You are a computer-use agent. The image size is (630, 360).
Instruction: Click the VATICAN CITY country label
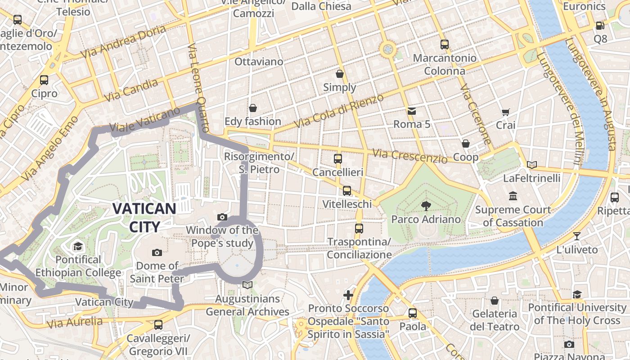[144, 217]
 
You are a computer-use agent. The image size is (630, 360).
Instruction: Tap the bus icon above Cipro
[44, 80]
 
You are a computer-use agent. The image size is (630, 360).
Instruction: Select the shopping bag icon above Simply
[340, 74]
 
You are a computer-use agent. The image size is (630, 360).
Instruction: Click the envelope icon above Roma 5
[411, 111]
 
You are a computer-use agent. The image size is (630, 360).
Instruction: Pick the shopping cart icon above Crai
[505, 112]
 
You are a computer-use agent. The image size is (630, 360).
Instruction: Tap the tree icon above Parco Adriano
[425, 206]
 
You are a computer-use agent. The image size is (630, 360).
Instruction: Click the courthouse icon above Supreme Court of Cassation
[513, 196]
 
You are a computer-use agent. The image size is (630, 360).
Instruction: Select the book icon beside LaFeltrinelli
[532, 165]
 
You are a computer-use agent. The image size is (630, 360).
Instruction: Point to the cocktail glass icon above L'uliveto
[577, 236]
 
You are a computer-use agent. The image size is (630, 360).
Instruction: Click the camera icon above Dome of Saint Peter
[157, 252]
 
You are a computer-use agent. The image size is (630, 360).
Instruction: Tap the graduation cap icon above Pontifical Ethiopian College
[78, 247]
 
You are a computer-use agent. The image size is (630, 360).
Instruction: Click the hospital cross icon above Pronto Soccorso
[348, 295]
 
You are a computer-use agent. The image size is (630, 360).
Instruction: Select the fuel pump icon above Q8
[600, 26]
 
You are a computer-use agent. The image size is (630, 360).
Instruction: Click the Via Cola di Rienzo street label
[339, 111]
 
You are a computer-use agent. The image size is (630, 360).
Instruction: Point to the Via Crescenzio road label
[410, 156]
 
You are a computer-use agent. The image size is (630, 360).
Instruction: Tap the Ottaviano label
[259, 62]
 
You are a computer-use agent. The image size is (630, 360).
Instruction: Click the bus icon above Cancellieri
[338, 159]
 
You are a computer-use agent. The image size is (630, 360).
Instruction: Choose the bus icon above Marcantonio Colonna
[445, 45]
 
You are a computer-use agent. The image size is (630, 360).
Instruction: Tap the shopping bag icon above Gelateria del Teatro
[495, 301]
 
